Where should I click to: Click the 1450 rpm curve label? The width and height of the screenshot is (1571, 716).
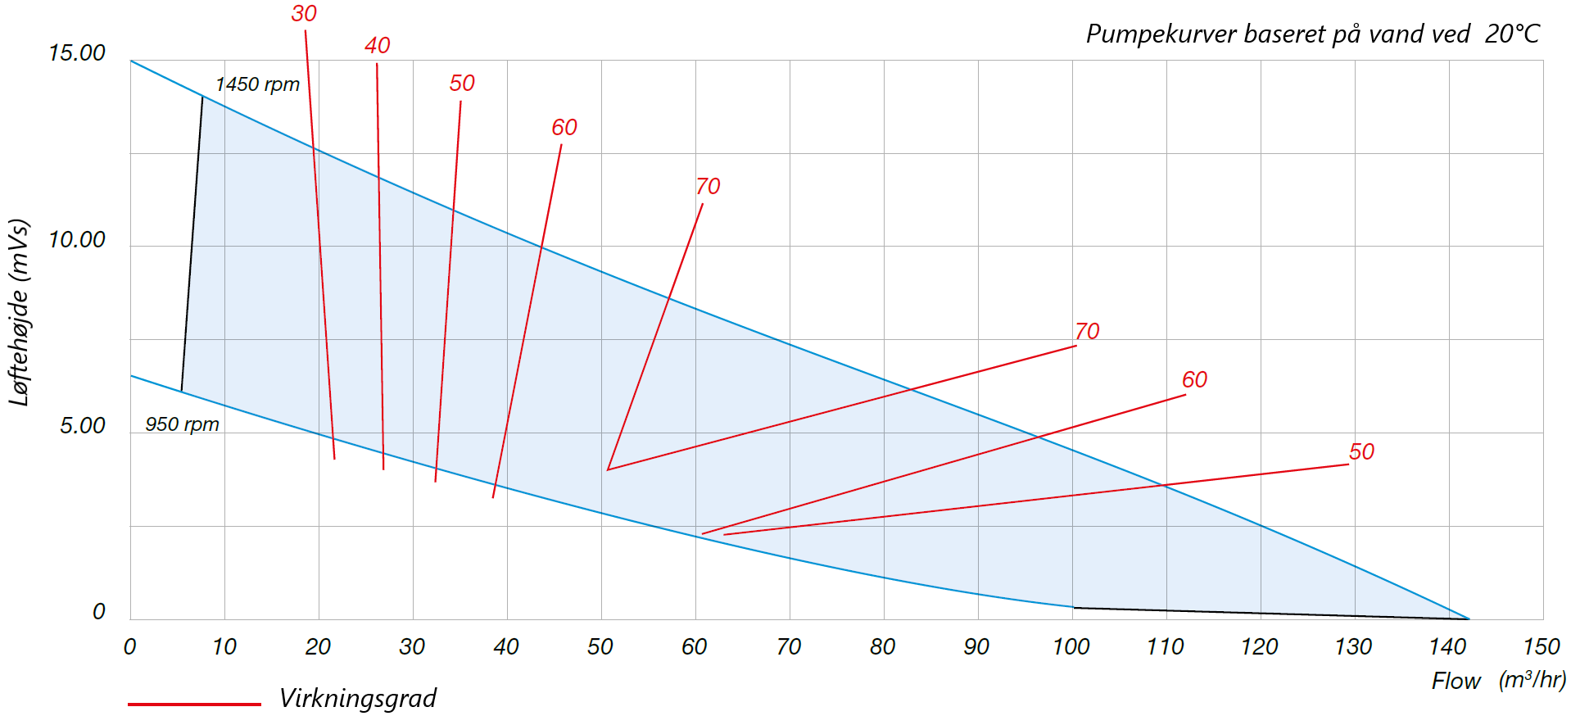[x=257, y=84]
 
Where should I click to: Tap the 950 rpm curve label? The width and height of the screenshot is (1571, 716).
[x=182, y=424]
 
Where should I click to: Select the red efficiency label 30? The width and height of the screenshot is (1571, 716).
[x=304, y=14]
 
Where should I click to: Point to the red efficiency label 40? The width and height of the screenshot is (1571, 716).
[x=378, y=46]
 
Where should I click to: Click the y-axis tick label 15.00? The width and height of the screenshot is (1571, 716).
[x=77, y=53]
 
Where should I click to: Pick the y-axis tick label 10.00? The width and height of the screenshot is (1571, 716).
[x=77, y=240]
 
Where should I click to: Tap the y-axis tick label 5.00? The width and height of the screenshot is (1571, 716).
[x=83, y=426]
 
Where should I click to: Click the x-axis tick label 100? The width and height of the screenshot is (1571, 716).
[x=1071, y=647]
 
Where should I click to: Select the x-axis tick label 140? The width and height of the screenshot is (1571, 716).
[x=1447, y=647]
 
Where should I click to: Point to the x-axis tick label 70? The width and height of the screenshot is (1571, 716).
[x=789, y=647]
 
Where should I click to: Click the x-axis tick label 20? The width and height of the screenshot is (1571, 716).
[x=318, y=647]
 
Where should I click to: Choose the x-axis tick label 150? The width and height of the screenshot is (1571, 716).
[x=1541, y=647]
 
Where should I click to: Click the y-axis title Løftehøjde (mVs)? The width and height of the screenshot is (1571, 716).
[x=19, y=312]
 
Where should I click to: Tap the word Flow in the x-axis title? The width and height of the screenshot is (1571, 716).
[x=1456, y=682]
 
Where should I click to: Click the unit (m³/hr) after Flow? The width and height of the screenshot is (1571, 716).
[x=1532, y=680]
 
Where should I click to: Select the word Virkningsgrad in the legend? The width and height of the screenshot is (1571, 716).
[x=358, y=699]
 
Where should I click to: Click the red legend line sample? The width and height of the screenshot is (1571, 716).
[x=194, y=704]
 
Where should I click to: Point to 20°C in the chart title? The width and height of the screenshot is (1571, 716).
[x=1512, y=34]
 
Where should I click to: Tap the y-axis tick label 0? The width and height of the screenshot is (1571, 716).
[x=99, y=612]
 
